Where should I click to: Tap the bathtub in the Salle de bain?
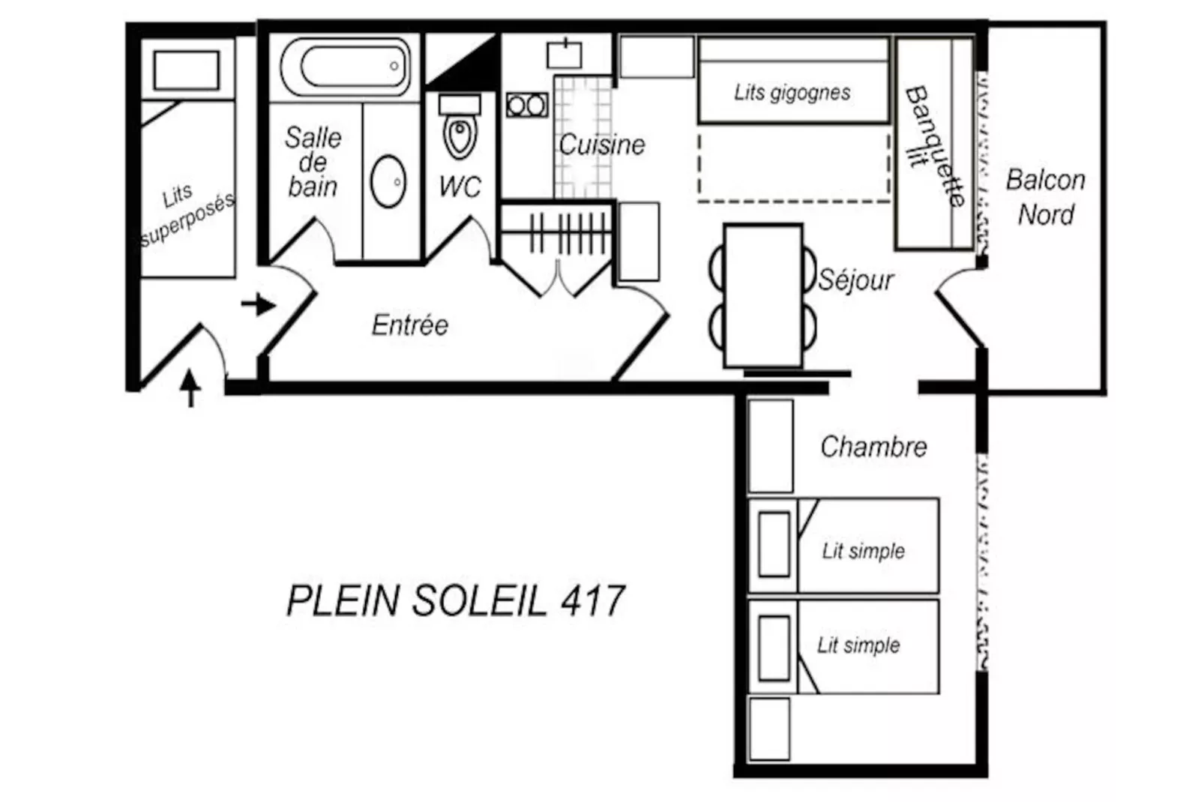point(346,67)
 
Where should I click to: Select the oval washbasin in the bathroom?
point(388,181)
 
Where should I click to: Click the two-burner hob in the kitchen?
point(527,106)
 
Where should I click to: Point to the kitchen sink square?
point(565,54)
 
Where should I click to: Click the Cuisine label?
point(601,145)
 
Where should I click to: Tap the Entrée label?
point(410,325)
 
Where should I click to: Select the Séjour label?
point(855,280)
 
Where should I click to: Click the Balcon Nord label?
point(1045,197)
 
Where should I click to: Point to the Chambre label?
point(873,447)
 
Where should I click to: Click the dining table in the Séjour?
point(763,295)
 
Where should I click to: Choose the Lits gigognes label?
point(792,92)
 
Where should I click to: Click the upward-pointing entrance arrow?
point(190,388)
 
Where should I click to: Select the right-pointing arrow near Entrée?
point(259,305)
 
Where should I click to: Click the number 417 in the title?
point(593,600)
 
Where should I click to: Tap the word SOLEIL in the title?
point(480,600)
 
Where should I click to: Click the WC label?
point(460,187)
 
